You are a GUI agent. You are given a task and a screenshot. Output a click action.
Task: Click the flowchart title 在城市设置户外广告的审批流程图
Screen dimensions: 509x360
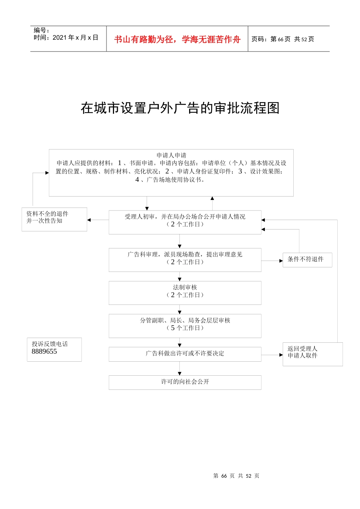pyautogui.click(x=180, y=108)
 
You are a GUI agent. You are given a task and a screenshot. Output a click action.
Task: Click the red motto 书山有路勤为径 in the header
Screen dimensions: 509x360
pyautogui.click(x=177, y=39)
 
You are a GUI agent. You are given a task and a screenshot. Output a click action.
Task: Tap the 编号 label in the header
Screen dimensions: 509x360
pyautogui.click(x=41, y=30)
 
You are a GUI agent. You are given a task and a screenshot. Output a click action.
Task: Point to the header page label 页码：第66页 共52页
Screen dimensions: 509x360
pyautogui.click(x=283, y=39)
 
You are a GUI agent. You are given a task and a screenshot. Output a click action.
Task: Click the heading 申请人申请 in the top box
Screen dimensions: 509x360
pyautogui.click(x=171, y=155)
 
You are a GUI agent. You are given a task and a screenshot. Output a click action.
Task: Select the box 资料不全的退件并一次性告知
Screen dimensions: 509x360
pyautogui.click(x=54, y=219)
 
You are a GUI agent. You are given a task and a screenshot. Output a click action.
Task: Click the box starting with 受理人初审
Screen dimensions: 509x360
pyautogui.click(x=185, y=222)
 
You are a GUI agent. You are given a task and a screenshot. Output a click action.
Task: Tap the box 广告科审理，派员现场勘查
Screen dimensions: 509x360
pyautogui.click(x=185, y=260)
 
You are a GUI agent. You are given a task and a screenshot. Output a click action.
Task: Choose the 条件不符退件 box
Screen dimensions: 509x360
pyautogui.click(x=307, y=260)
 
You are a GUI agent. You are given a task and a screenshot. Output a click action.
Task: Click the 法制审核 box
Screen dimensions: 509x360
pyautogui.click(x=185, y=293)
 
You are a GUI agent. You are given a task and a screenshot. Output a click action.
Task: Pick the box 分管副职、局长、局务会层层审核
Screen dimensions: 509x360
pyautogui.click(x=185, y=326)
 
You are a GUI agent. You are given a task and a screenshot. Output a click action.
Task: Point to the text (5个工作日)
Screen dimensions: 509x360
pyautogui.click(x=185, y=328)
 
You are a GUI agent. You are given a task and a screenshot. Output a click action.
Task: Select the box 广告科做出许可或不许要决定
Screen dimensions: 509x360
pyautogui.click(x=185, y=354)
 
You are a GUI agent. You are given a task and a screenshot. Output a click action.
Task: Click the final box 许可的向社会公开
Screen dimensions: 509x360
pyautogui.click(x=185, y=382)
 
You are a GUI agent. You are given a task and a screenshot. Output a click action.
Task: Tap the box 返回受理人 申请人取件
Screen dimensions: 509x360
pyautogui.click(x=312, y=354)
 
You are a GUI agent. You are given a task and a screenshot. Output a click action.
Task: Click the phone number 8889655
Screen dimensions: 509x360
pyautogui.click(x=44, y=351)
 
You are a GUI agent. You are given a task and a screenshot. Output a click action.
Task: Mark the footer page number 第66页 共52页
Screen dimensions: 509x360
pyautogui.click(x=236, y=476)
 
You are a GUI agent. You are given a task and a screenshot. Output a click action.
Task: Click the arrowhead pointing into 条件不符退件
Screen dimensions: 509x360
pyautogui.click(x=281, y=261)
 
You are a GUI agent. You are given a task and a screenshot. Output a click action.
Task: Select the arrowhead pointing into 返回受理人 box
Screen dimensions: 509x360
pyautogui.click(x=281, y=355)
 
